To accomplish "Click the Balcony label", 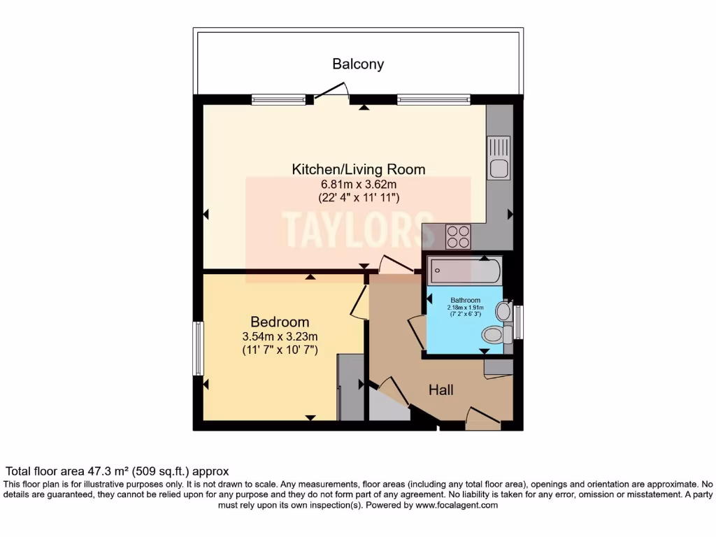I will click(358, 64).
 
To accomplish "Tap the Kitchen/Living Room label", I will click(358, 169).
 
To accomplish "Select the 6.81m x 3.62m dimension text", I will click(358, 184).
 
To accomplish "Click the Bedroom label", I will click(280, 322).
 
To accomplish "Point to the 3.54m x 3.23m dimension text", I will click(280, 336).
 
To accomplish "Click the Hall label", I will click(441, 389).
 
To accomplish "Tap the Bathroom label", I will click(465, 301).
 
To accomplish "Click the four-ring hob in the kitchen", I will click(459, 236).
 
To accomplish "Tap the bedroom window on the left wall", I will click(198, 348).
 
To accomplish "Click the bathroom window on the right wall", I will click(517, 322).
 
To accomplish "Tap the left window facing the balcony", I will click(279, 100).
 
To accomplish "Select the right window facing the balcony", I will click(434, 100).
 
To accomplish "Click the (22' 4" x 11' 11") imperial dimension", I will click(358, 198).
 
